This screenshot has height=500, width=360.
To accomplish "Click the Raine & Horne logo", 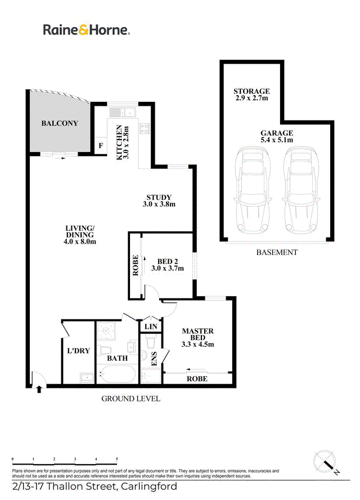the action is point(86,30).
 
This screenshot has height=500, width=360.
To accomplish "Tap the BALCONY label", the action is point(60,123).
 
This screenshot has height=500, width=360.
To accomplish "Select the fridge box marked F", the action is point(101,146).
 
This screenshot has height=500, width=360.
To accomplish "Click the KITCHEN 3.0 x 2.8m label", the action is point(122,142).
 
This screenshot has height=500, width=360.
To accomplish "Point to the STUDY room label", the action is point(159,200).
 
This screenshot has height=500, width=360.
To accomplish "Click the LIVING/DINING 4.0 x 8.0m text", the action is point(80,235).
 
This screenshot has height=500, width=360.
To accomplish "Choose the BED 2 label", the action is point(168,265).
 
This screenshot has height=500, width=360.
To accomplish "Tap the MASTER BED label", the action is point(197,337).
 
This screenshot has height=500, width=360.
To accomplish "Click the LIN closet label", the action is point(151,327).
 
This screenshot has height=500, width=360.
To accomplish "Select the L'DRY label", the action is point(78,351).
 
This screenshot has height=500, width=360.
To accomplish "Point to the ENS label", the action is point(154,359).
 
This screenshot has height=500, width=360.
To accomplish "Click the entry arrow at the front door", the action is point(39,389).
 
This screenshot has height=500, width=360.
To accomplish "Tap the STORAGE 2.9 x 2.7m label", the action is point(251,95).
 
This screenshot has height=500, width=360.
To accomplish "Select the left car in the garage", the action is point(253,190).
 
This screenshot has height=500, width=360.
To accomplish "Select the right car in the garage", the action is point(301,190).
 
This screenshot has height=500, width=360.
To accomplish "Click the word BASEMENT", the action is point(277,252).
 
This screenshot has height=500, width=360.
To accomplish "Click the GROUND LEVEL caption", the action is point(130,399).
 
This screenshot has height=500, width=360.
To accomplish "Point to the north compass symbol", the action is point(326,462).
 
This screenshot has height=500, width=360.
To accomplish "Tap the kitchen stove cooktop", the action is point(144,128).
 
